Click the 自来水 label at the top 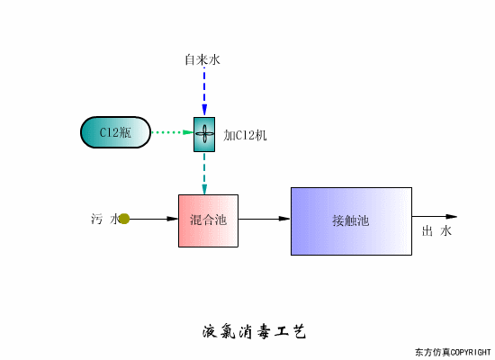[202, 59]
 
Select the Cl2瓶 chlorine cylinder [114, 133]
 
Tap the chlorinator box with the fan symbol [204, 134]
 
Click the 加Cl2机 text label [246, 135]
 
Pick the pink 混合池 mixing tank [208, 220]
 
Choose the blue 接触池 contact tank [351, 220]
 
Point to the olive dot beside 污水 [124, 219]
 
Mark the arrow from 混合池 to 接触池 [265, 219]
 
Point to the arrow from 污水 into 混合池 [153, 219]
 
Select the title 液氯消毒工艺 [254, 331]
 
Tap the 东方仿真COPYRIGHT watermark [453, 351]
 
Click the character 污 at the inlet [97, 219]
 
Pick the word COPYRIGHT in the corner [469, 351]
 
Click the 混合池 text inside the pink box [208, 220]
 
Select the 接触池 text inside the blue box [350, 220]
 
